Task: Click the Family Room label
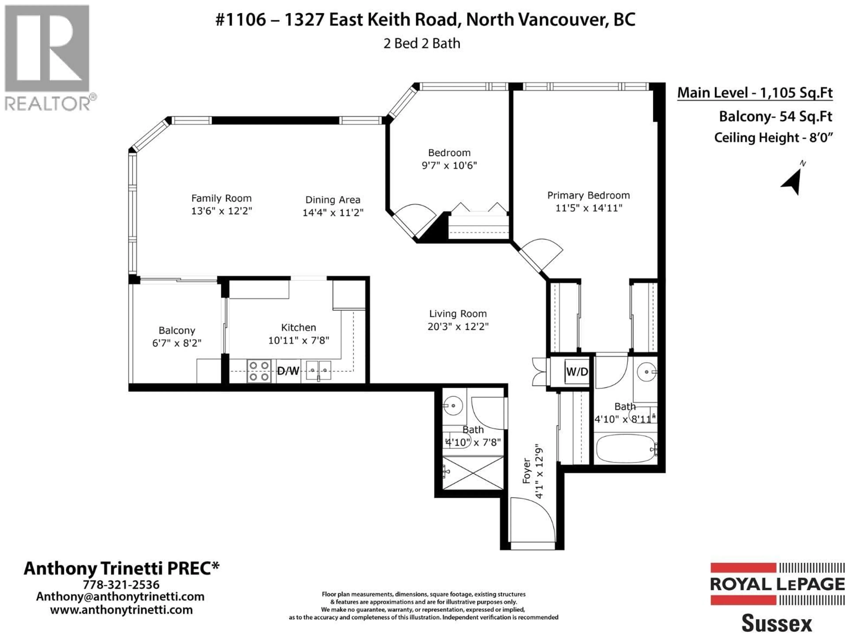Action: pos(222,199)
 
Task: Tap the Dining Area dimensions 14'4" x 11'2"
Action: pos(333,212)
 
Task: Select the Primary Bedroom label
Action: pos(588,196)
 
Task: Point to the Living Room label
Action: pos(458,314)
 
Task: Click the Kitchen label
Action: pos(299,328)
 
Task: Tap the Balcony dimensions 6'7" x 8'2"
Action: pos(177,343)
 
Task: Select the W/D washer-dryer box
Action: pos(576,371)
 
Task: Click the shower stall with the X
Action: pos(473,473)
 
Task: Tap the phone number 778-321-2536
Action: pos(121,585)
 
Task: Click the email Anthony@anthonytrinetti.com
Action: pos(120,597)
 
